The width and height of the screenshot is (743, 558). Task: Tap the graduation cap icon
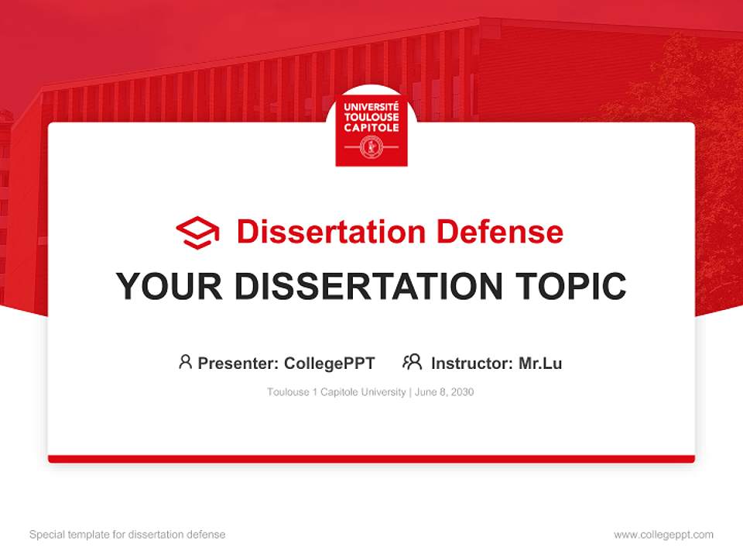tap(197, 232)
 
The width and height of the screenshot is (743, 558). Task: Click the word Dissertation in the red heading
tap(330, 232)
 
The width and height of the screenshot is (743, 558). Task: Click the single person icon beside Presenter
tap(185, 362)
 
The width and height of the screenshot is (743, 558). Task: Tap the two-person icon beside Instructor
tap(412, 362)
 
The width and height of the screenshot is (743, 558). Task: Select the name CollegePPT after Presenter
tap(329, 363)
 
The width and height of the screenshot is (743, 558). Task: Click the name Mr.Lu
tap(540, 363)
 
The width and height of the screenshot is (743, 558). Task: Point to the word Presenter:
tap(238, 363)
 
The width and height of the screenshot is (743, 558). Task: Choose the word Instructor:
tap(472, 363)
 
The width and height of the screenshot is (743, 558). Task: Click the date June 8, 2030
tap(444, 392)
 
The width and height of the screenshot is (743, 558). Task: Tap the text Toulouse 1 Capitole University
tap(336, 392)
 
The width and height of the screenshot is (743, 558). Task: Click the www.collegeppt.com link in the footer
tap(663, 535)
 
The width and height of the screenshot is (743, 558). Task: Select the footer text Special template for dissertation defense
tap(128, 535)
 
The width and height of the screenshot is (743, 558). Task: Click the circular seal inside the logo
tap(371, 146)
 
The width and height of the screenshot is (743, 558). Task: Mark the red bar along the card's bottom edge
tap(371, 459)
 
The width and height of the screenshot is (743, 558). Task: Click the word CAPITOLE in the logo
tap(371, 127)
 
